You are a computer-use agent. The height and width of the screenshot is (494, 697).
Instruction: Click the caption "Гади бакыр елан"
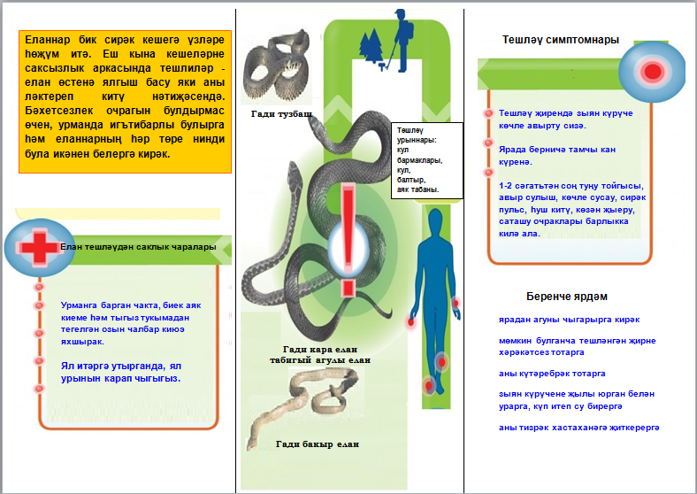point(318,444)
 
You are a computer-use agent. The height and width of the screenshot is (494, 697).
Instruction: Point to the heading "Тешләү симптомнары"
point(560,40)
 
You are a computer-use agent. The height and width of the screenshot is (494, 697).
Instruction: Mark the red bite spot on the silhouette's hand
point(410,323)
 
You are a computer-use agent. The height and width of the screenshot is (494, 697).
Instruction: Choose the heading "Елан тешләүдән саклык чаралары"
point(138,248)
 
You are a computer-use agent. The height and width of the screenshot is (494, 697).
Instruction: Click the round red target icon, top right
point(653,69)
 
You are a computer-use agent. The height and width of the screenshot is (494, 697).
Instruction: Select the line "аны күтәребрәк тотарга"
point(552,374)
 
